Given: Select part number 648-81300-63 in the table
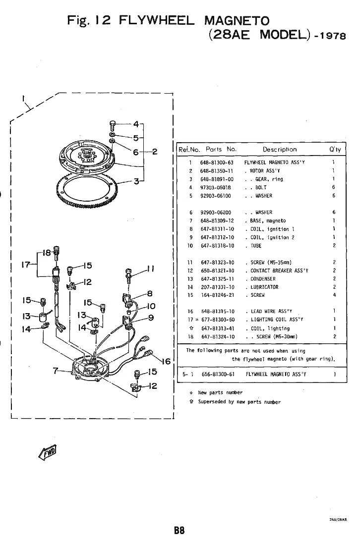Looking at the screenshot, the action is pyautogui.click(x=217, y=162).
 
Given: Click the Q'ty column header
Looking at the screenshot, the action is pyautogui.click(x=335, y=150).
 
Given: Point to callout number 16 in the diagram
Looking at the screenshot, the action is pyautogui.click(x=166, y=361).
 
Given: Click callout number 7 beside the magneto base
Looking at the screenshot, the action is pyautogui.click(x=55, y=371).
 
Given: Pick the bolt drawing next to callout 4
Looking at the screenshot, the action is pyautogui.click(x=113, y=125).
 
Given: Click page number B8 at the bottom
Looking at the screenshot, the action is pyautogui.click(x=180, y=530).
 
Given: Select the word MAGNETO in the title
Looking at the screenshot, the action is pyautogui.click(x=237, y=21).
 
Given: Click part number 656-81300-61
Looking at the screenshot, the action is pyautogui.click(x=218, y=375).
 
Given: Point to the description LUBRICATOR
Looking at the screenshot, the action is pyautogui.click(x=264, y=287).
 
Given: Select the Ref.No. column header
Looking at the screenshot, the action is pyautogui.click(x=189, y=150).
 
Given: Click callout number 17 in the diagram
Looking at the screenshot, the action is pyautogui.click(x=26, y=265).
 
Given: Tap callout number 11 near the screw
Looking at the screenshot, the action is pyautogui.click(x=151, y=269).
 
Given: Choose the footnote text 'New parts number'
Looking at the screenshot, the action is pyautogui.click(x=220, y=392).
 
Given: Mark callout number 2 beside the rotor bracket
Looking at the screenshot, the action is pyautogui.click(x=155, y=152).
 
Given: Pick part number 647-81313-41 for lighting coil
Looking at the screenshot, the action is pyautogui.click(x=218, y=328).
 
